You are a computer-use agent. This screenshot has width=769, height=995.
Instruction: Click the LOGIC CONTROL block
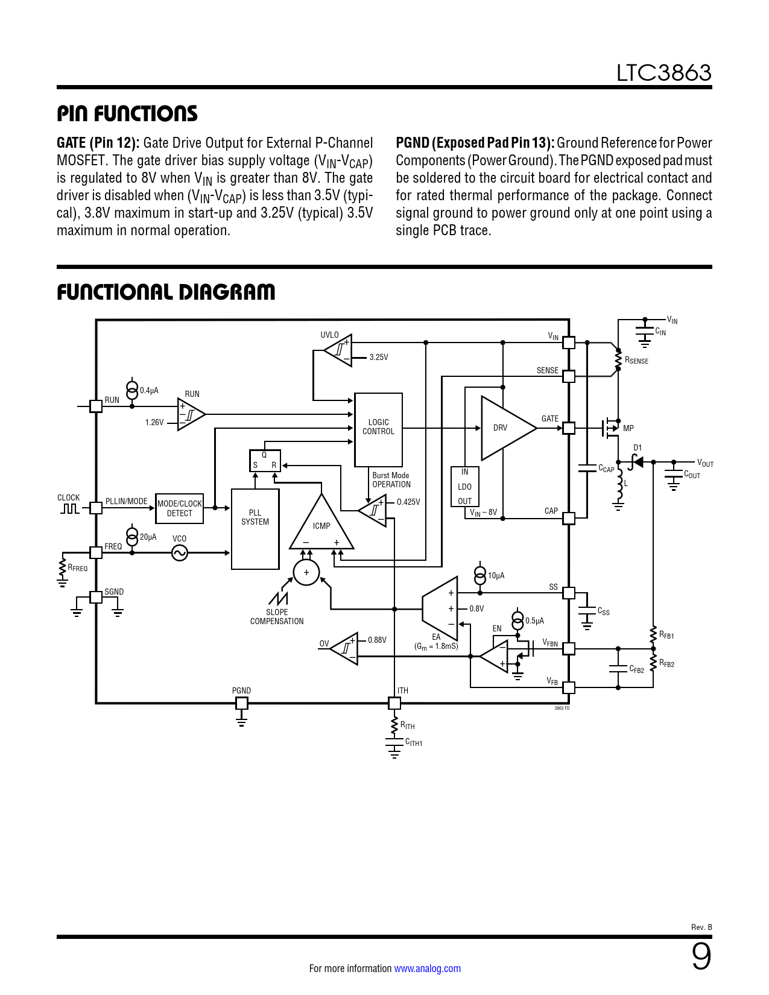point(378,429)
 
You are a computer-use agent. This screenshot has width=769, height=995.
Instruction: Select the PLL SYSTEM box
point(255,529)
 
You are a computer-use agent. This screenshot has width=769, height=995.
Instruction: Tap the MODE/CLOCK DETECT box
point(180,508)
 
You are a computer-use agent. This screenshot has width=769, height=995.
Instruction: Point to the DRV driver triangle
point(508,428)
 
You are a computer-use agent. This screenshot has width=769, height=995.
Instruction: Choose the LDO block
point(465,486)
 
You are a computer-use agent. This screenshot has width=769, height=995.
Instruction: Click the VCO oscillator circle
point(180,553)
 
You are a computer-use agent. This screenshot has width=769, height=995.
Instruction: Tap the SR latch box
point(265,461)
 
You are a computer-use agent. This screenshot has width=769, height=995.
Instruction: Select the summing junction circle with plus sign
point(306,572)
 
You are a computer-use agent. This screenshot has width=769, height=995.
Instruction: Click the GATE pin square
point(568,428)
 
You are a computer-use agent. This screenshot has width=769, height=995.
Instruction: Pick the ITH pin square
point(394,703)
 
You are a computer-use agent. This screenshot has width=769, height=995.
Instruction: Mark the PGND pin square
point(241,703)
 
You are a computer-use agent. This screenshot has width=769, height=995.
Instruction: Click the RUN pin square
point(96,406)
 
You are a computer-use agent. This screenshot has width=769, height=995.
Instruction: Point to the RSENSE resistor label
point(637,361)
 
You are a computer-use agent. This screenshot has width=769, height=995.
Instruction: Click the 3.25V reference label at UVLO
point(379,357)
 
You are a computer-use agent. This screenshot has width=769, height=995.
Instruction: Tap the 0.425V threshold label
point(408,502)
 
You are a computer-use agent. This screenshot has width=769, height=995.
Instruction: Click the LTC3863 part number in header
point(663,73)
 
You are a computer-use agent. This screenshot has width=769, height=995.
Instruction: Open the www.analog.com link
point(428,968)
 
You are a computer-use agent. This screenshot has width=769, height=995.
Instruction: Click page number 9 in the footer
point(701,956)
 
